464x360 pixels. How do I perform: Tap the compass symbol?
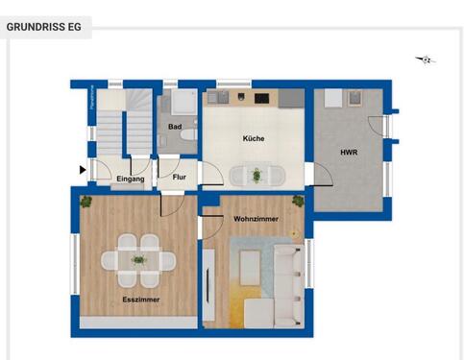click(426, 60)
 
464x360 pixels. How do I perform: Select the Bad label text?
click(175, 127)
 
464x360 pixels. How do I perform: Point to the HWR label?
click(350, 152)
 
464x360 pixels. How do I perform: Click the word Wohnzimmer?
click(256, 220)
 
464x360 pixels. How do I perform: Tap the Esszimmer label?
click(140, 300)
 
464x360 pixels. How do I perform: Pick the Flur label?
click(179, 178)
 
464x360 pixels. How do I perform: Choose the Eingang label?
click(130, 179)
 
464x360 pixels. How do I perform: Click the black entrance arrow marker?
click(83, 170)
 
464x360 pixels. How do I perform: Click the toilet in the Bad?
click(188, 137)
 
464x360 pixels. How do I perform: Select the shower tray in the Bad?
click(178, 103)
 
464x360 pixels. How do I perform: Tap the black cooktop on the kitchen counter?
click(260, 97)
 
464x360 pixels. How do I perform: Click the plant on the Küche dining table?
click(256, 175)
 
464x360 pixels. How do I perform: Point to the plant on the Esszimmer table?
click(139, 258)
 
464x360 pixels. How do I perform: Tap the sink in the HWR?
click(352, 97)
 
